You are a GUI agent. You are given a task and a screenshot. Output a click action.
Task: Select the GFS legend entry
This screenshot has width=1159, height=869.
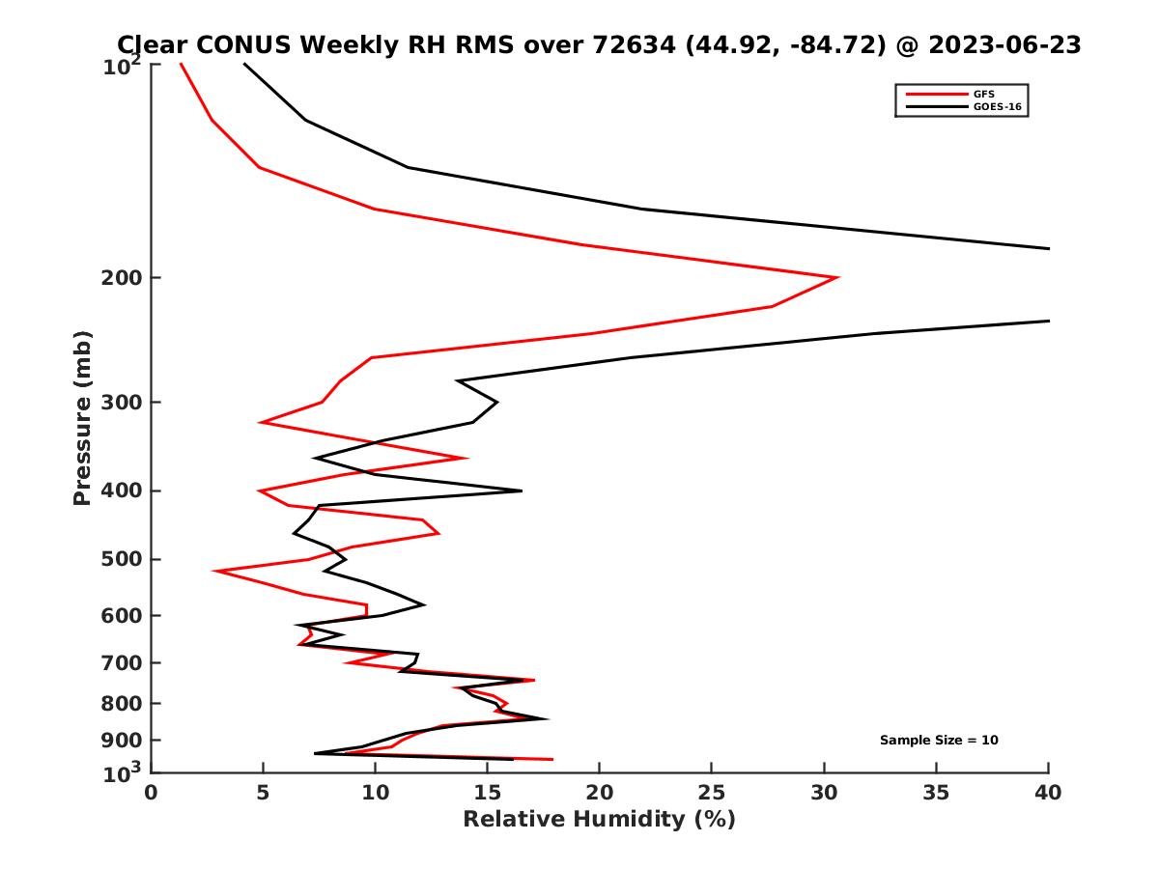(976, 94)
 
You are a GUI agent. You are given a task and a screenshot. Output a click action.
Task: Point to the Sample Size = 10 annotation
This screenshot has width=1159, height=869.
(939, 741)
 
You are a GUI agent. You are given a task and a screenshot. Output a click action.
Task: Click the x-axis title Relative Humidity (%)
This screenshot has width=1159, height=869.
(599, 820)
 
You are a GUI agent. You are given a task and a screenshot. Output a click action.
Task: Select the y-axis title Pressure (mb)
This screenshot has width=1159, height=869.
(82, 417)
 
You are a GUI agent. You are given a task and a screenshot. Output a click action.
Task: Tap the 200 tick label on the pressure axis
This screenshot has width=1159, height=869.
(118, 278)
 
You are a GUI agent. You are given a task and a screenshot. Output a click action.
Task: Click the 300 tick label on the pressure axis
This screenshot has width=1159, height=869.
(118, 403)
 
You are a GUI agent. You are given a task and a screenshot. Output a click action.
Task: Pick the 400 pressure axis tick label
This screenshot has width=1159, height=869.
(118, 491)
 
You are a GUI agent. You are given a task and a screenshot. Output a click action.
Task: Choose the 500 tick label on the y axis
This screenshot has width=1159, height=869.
(118, 559)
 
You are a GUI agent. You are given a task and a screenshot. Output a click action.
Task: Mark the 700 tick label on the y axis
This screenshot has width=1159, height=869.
(118, 663)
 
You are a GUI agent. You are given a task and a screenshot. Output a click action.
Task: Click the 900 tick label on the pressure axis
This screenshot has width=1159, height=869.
(118, 741)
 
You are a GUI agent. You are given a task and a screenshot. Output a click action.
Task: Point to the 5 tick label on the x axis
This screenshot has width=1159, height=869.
(263, 793)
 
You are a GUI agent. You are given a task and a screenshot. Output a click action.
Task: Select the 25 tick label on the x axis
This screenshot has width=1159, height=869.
(712, 793)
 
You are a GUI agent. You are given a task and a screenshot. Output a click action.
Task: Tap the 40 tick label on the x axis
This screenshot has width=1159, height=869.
(1048, 793)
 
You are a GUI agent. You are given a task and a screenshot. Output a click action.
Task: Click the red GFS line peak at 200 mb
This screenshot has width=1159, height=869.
(836, 278)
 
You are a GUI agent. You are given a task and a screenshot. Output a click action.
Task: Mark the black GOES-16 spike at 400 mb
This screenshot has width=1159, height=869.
(521, 491)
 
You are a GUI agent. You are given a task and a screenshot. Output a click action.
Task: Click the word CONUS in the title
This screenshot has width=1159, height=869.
(248, 44)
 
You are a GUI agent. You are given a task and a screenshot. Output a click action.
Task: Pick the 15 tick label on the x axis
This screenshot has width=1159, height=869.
(487, 793)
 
